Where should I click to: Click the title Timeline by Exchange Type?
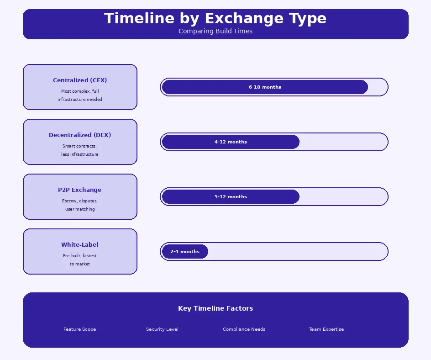tap(215, 19)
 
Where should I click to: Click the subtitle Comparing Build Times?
tap(215, 31)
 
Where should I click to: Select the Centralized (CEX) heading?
tap(80, 80)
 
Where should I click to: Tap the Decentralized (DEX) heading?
tap(80, 135)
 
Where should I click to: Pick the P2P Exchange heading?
tap(80, 190)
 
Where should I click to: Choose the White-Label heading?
tap(80, 245)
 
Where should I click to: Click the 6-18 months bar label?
tap(265, 87)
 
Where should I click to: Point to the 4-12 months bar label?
tap(231, 142)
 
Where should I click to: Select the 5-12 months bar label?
tap(231, 197)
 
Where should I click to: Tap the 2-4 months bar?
tap(185, 252)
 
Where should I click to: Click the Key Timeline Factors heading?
tap(215, 308)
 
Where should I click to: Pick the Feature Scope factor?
tap(80, 329)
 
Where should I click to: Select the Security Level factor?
tap(162, 329)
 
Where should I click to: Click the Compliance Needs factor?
tap(244, 329)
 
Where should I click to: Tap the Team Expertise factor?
tap(326, 329)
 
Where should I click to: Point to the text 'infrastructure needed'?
tap(80, 100)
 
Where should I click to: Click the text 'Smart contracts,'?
tap(80, 146)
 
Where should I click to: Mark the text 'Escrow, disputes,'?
tap(80, 201)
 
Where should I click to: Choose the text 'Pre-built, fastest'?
tap(80, 256)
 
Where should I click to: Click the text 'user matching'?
tap(80, 209)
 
